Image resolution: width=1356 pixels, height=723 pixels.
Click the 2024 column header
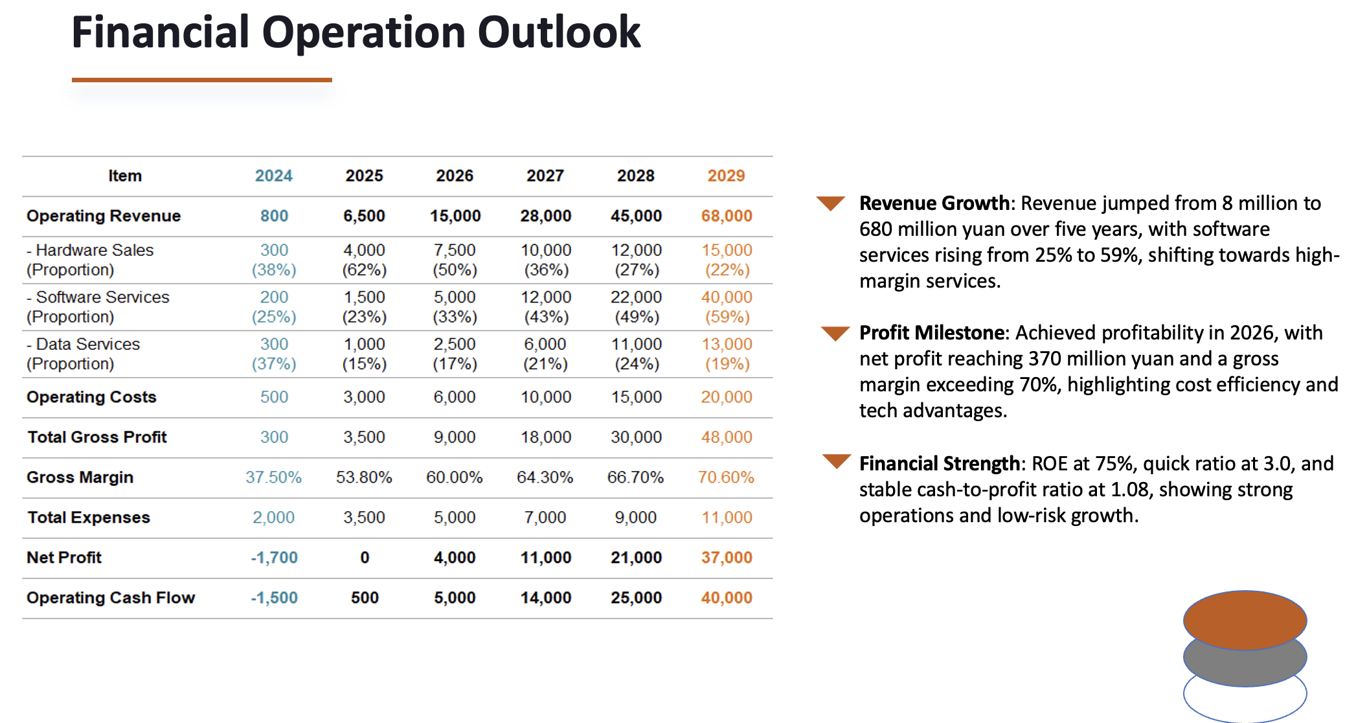coord(273,176)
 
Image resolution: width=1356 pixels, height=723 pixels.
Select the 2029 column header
coord(725,176)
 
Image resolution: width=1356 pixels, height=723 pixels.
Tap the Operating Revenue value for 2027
coord(545,216)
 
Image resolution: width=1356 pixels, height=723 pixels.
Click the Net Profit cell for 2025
coord(365,557)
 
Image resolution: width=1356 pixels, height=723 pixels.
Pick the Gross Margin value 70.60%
coord(725,477)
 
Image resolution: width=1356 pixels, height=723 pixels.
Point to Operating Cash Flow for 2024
coord(274,597)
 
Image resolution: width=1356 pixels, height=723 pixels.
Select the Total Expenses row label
coord(89,518)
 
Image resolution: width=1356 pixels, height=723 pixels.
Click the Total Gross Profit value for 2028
coord(636,437)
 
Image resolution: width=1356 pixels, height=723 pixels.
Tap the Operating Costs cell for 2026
coord(455,397)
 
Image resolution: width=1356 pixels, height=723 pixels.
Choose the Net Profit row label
coord(64,557)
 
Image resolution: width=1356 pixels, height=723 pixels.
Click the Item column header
coord(124,176)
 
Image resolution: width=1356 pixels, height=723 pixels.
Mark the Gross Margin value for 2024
coord(273,477)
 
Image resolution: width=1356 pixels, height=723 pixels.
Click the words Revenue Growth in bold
coord(933,203)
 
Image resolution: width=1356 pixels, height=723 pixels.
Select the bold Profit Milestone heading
coord(931,333)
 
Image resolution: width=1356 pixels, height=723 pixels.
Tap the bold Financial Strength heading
coord(939,464)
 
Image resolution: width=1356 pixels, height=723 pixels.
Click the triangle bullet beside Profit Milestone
coord(835,333)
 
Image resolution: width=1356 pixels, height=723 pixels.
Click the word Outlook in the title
coord(559,32)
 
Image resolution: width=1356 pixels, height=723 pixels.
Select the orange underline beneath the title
coord(201,80)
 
